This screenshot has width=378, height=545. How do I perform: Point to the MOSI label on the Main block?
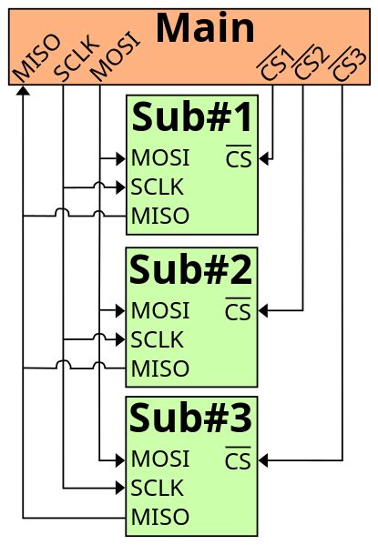115,57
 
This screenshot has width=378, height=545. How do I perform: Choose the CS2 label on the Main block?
311,64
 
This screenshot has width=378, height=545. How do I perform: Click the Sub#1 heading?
191,118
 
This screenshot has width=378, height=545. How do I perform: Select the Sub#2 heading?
191,270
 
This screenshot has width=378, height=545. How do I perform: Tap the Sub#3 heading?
191,419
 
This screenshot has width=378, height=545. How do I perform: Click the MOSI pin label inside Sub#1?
160,158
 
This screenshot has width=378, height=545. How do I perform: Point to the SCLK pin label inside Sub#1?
157,187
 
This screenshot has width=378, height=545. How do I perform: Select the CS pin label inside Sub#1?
238,159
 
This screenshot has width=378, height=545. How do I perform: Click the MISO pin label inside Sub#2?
160,368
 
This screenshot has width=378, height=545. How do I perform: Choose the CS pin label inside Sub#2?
238,311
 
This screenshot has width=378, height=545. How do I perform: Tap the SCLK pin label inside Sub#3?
157,488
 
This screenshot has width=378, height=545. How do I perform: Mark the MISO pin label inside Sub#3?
160,518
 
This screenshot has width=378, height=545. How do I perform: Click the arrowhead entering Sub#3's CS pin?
264,460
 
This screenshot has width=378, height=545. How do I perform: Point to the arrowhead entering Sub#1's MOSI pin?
120,159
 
